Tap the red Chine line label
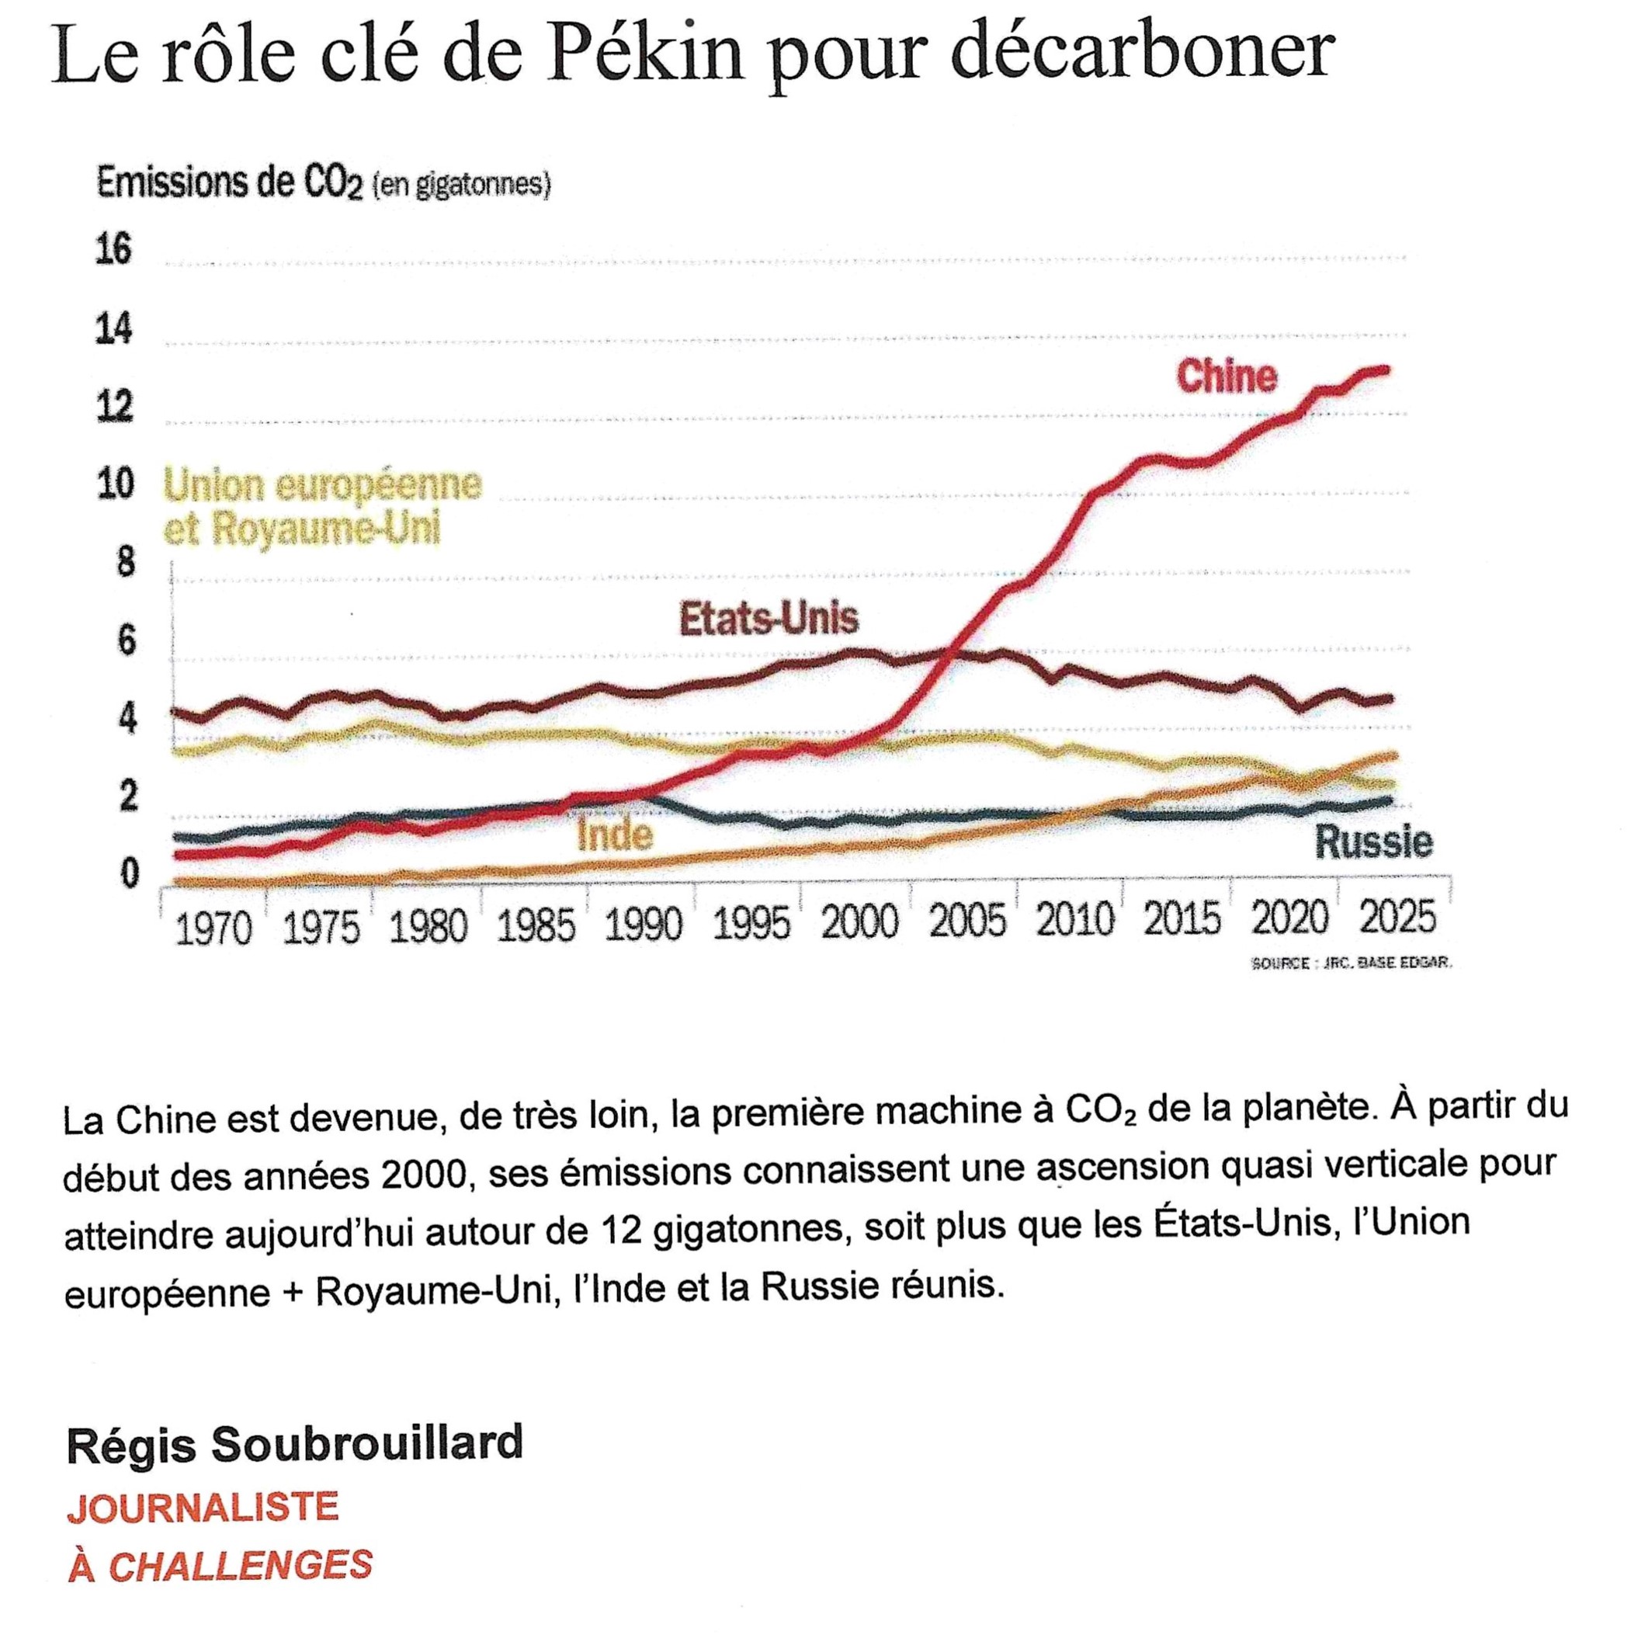[x=1226, y=377]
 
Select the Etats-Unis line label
[x=768, y=618]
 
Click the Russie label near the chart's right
[x=1373, y=842]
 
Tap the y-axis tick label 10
[x=114, y=483]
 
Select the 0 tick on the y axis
[x=129, y=873]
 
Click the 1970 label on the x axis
[x=213, y=928]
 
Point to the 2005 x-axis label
[x=967, y=922]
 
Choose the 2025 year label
[x=1397, y=918]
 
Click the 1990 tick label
[x=644, y=925]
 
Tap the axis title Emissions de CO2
[x=231, y=184]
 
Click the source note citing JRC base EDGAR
[x=1350, y=963]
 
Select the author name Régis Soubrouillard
[x=294, y=1444]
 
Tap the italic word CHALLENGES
[x=241, y=1565]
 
